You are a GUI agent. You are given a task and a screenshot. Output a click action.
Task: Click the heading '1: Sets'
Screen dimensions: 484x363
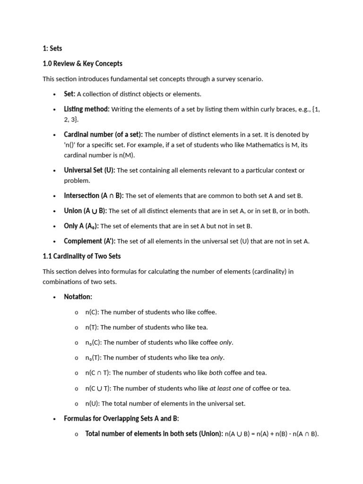tap(52, 48)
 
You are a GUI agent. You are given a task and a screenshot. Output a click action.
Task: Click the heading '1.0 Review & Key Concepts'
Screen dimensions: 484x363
tap(82, 63)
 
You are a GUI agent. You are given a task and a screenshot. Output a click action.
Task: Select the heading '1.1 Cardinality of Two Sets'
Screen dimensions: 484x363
tap(81, 256)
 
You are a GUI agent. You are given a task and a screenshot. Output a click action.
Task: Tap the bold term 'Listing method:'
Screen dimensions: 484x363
tap(86, 109)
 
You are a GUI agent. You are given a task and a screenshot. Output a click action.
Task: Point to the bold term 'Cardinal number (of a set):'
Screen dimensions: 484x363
tap(103, 135)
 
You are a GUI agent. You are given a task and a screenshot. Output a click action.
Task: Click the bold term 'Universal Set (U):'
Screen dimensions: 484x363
tap(89, 170)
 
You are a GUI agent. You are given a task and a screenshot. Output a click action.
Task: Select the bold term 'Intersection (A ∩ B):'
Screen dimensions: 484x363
tap(94, 196)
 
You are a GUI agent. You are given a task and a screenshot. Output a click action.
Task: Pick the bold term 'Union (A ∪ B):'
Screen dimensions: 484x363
tap(85, 211)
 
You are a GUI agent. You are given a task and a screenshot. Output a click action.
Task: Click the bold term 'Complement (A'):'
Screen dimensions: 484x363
tap(90, 241)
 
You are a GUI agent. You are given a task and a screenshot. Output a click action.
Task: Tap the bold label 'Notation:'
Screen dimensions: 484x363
tap(78, 297)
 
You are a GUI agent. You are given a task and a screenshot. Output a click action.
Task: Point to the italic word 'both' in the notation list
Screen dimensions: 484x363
tap(215, 373)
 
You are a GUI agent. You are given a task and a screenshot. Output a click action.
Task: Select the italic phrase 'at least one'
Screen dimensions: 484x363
tap(226, 389)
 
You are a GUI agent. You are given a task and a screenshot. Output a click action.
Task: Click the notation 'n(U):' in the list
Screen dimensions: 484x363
tap(92, 404)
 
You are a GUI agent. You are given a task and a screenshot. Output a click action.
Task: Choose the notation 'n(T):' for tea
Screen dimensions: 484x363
tap(92, 327)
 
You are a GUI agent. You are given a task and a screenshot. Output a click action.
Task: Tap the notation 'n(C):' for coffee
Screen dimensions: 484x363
tap(92, 312)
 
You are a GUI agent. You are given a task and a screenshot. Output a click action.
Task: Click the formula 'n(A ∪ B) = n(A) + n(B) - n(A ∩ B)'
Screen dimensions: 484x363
tap(272, 434)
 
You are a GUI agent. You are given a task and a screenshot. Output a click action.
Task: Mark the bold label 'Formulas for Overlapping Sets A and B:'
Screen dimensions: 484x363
tap(121, 419)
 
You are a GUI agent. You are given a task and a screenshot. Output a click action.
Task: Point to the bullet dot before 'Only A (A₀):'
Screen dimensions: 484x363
tap(55, 226)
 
